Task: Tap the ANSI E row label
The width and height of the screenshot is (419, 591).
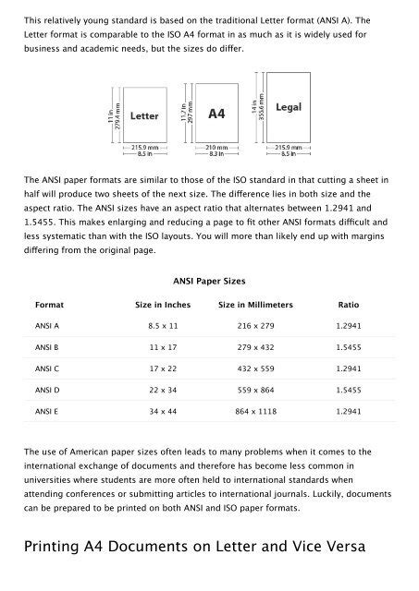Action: click(x=48, y=434)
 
